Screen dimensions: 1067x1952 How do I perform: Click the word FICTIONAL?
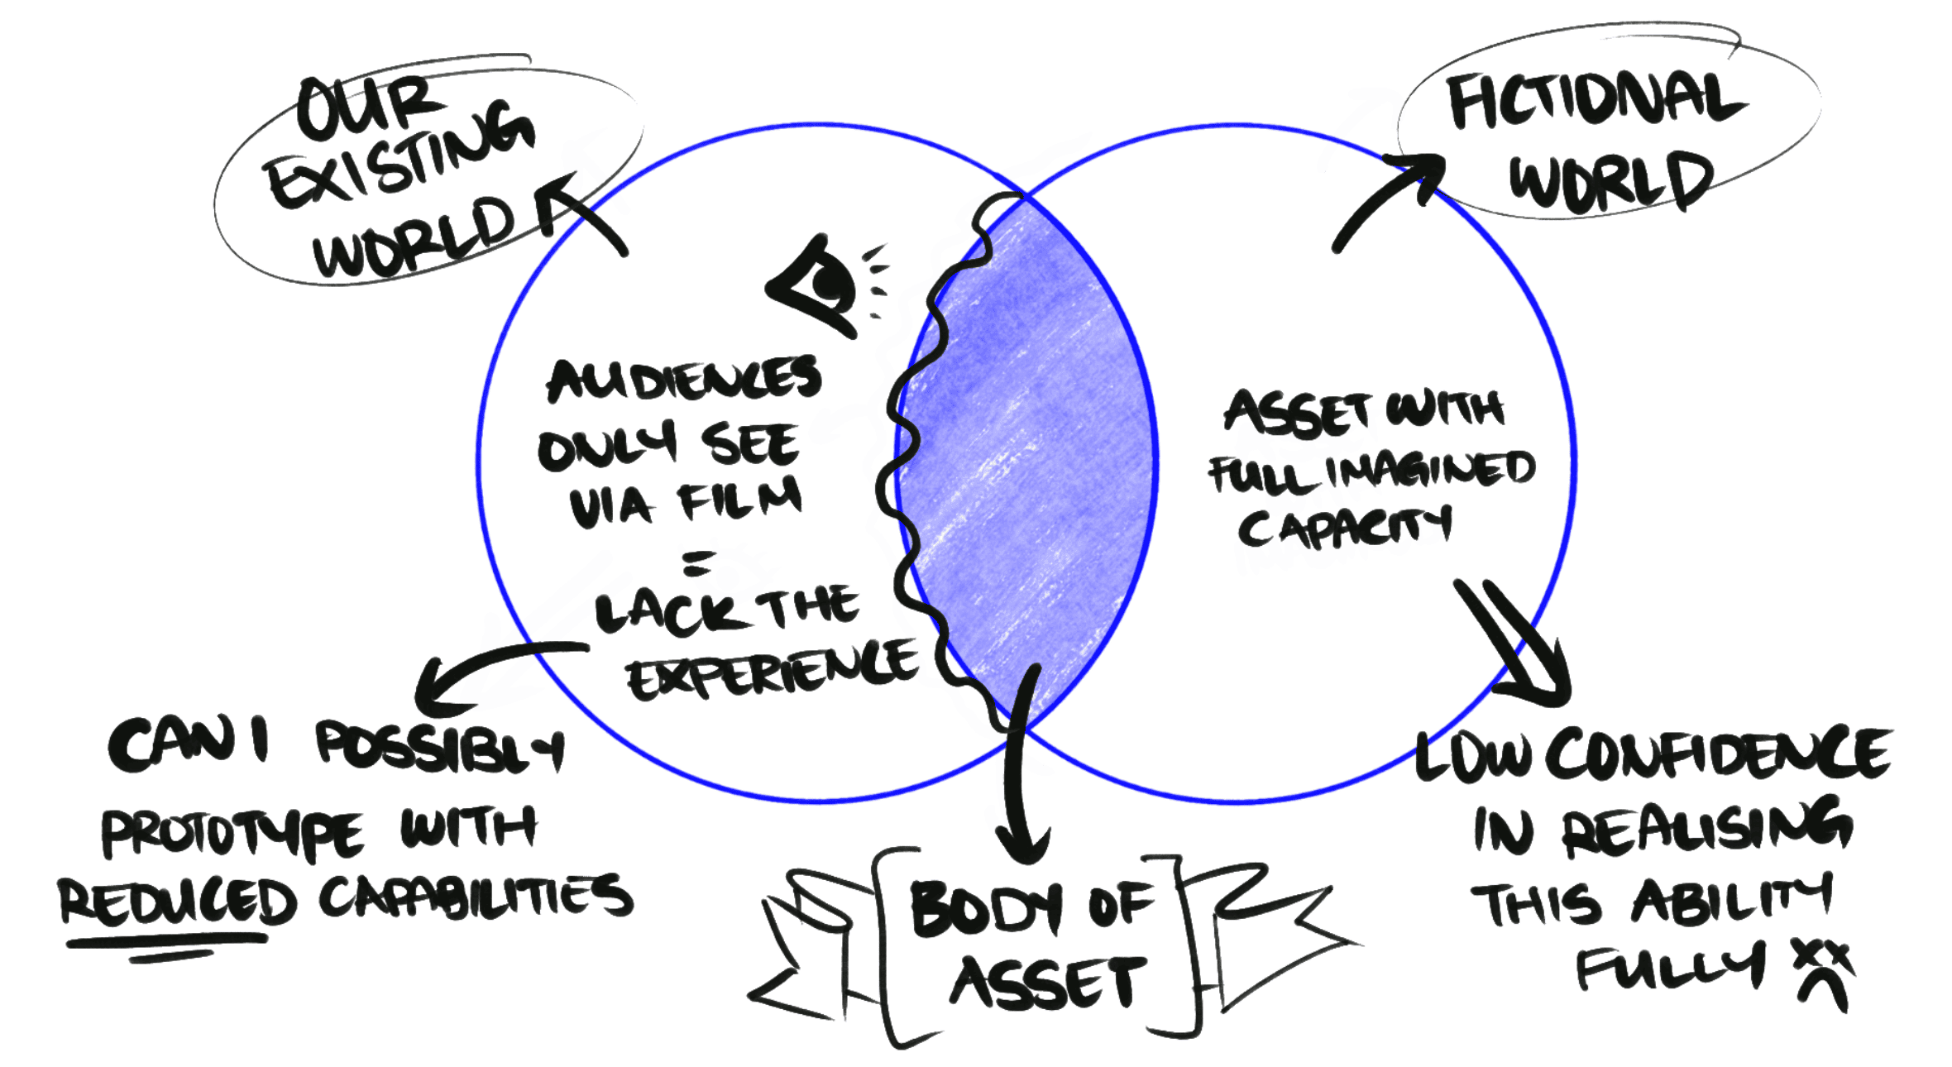pos(1596,99)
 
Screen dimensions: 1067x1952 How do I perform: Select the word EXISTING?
pos(401,157)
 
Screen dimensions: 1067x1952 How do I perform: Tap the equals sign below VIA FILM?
pos(697,563)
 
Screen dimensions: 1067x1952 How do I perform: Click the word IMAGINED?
pos(1431,469)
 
